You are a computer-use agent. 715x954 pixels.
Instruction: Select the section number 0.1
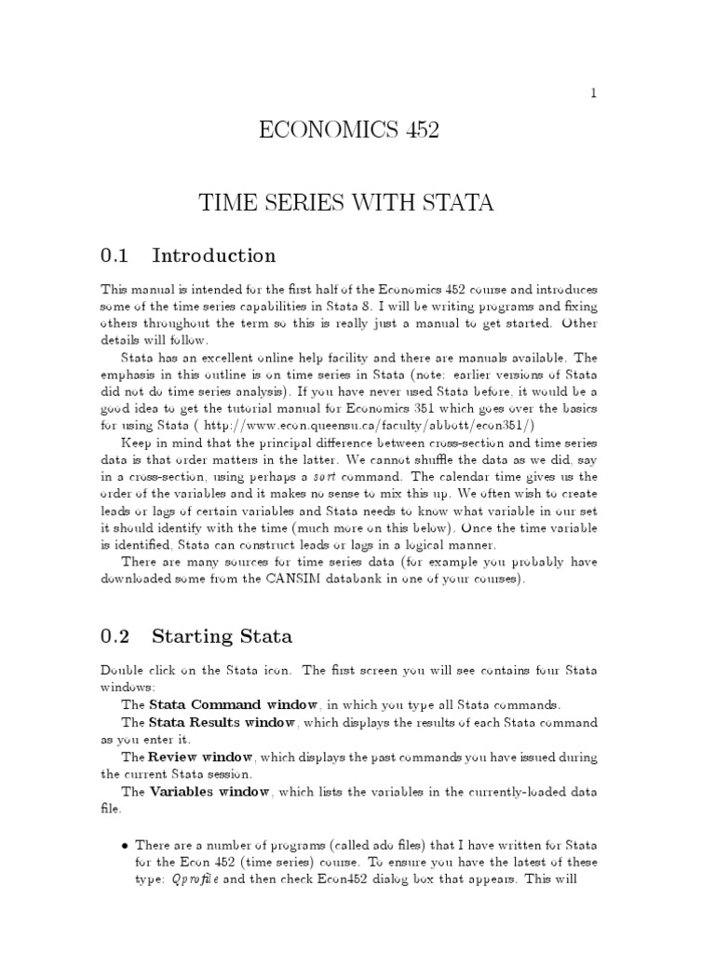click(x=115, y=255)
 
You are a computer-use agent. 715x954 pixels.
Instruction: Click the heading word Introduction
click(x=213, y=255)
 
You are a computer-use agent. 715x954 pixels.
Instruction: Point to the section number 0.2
click(x=115, y=637)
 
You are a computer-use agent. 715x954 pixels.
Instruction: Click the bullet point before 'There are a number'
click(x=126, y=844)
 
